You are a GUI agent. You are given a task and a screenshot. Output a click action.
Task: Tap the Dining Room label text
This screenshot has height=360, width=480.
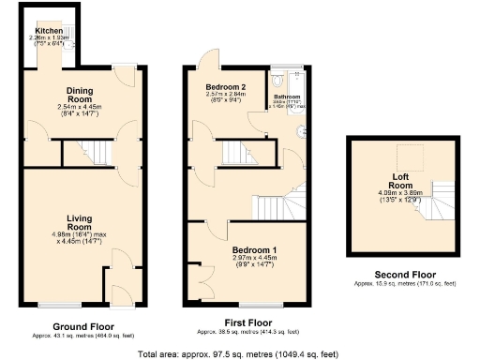point(80,95)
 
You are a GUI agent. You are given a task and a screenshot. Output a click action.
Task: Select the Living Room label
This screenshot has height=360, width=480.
point(80,223)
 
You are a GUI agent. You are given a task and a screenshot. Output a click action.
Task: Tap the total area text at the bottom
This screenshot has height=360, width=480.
point(238,354)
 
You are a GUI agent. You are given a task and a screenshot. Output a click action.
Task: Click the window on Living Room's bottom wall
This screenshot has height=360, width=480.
point(59,305)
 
